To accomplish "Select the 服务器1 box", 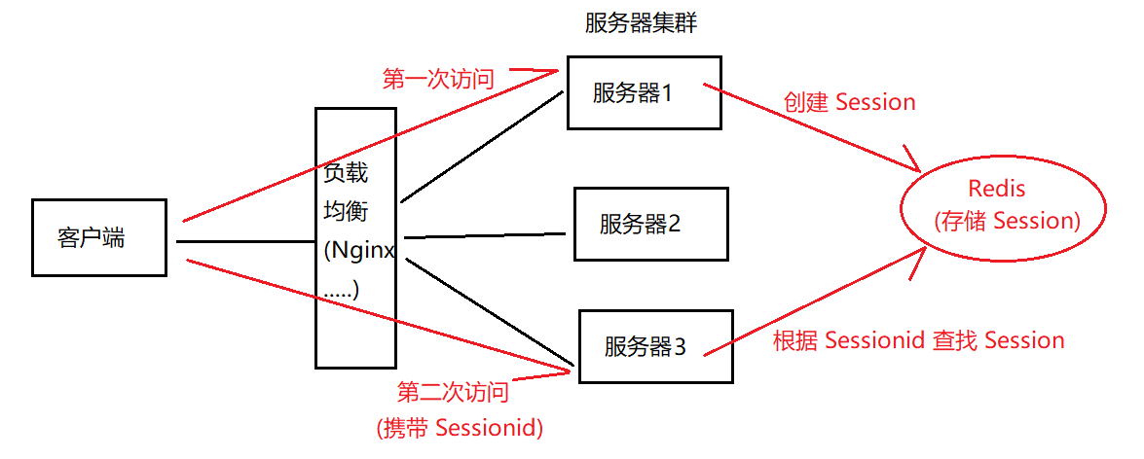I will (x=644, y=93).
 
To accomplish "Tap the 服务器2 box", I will (x=650, y=225).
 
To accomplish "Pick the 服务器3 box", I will (x=654, y=345).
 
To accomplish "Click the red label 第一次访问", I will (x=437, y=79).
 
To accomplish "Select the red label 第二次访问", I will (x=453, y=393).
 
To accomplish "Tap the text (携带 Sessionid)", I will (x=459, y=427).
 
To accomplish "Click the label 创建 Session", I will (x=849, y=102).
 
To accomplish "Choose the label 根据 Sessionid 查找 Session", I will (x=918, y=340).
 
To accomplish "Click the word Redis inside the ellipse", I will (x=997, y=189).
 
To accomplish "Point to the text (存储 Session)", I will (x=1007, y=221).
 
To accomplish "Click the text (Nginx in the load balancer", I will (x=358, y=250).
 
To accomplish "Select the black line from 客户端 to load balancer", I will (x=243, y=240).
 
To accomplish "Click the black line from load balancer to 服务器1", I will (x=482, y=147).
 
